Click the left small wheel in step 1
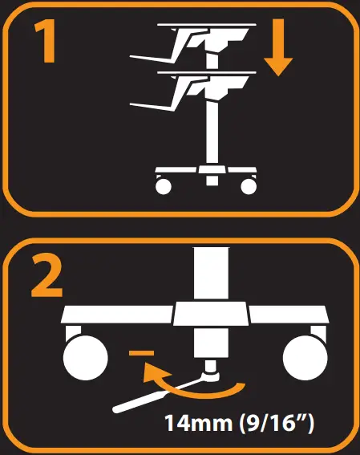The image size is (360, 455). click(163, 186)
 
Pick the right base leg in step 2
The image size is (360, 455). click(289, 315)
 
